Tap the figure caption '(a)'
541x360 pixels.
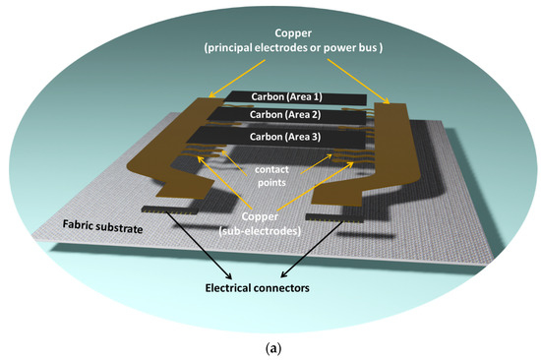point(270,346)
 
